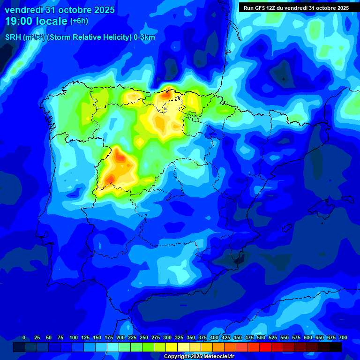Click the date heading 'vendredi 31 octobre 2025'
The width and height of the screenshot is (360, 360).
(x=60, y=10)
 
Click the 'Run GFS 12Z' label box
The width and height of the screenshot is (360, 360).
(x=296, y=7)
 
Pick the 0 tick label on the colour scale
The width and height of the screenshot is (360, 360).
(x=24, y=337)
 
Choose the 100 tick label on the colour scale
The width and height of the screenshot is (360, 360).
(x=73, y=337)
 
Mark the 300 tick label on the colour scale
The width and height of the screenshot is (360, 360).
(x=167, y=337)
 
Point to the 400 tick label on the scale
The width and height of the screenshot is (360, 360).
(x=214, y=337)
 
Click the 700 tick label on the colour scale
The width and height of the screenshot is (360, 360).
(x=343, y=337)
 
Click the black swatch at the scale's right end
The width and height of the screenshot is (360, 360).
(x=335, y=347)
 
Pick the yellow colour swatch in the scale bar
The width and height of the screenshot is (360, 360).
(x=172, y=347)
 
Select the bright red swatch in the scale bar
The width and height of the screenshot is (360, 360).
(x=265, y=347)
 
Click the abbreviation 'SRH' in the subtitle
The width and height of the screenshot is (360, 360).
(x=13, y=37)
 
